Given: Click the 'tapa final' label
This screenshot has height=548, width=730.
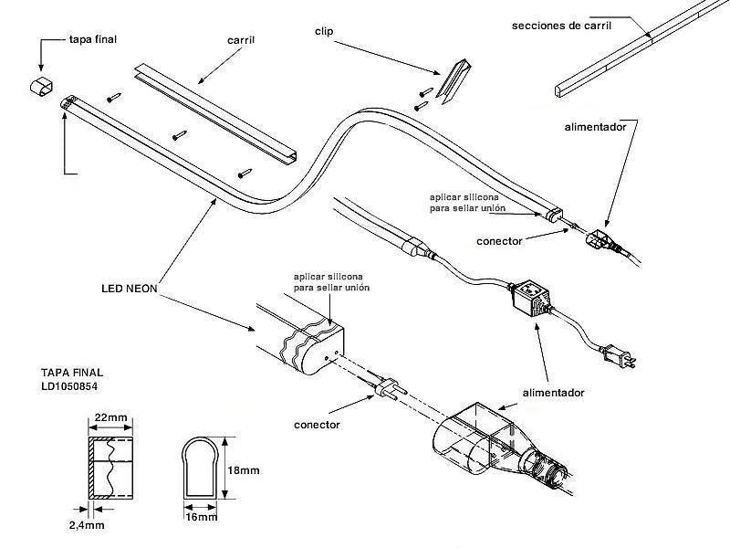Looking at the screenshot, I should [x=94, y=40].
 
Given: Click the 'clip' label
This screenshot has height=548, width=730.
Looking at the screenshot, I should [x=323, y=31].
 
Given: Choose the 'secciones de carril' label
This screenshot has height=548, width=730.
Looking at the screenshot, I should [x=560, y=26].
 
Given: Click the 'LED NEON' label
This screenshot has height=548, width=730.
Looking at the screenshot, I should [x=130, y=288].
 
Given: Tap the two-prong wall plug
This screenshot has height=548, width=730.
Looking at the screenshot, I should [x=623, y=357].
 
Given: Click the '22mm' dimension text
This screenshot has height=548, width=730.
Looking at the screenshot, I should [x=110, y=418].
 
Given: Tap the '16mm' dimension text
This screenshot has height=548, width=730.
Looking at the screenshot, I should [x=201, y=517].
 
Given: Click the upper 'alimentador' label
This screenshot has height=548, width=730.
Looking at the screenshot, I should [x=595, y=127].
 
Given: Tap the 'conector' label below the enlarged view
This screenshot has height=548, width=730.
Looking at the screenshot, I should [x=318, y=425].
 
